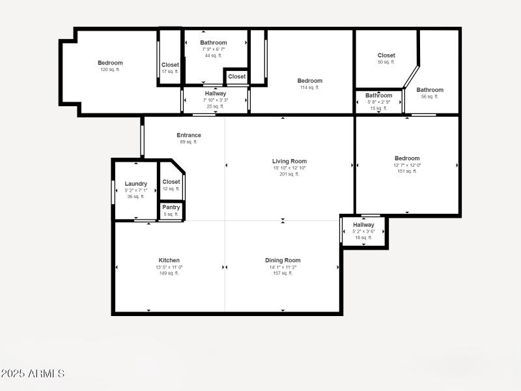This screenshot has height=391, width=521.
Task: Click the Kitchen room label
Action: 169,260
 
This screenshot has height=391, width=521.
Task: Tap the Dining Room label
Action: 283,260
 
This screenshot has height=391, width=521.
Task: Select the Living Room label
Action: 289,161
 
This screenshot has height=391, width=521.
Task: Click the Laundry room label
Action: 136,184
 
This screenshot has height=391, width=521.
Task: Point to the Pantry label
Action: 171,207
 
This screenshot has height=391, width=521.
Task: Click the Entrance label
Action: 189,135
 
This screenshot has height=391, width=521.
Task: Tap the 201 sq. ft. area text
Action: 289,174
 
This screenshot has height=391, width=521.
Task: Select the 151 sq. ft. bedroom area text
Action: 407,171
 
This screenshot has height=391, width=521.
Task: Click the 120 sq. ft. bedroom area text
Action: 110,70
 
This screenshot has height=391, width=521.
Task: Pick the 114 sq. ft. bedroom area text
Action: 310,87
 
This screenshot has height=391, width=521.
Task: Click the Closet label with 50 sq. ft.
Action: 386,55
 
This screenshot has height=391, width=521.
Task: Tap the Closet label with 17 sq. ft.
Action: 171,65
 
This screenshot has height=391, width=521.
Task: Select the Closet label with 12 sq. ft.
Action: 171,182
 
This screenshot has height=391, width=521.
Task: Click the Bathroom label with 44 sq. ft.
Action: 214,42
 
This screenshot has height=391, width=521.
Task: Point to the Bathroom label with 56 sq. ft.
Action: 430,90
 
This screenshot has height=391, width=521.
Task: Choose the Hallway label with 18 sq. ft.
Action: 363,225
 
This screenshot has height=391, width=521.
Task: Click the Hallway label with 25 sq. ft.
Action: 216,93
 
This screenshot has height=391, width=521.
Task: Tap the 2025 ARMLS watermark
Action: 33,373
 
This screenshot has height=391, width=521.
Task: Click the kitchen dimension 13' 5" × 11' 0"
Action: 169,267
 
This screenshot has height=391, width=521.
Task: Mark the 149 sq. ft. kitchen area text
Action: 169,273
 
